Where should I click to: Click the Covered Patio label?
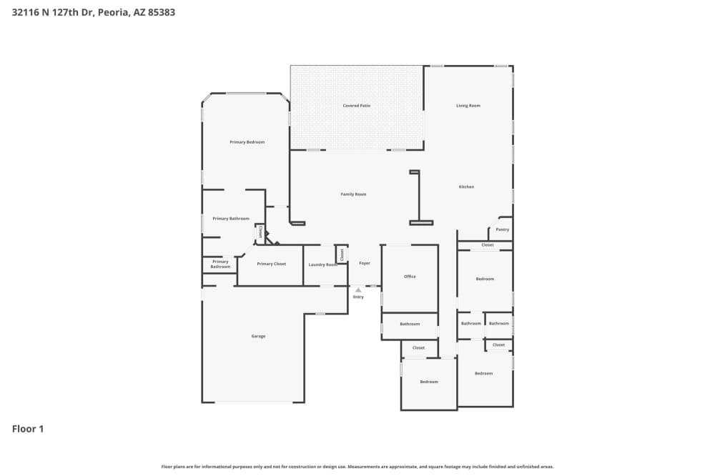[356, 106]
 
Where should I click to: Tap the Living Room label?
[468, 106]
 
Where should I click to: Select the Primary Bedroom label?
[247, 142]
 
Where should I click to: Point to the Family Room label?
[353, 194]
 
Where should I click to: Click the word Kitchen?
[466, 187]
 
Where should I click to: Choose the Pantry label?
[502, 229]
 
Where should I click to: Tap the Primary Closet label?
[271, 264]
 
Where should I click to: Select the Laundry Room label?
[322, 264]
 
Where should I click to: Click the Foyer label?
[365, 263]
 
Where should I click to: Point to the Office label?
[410, 277]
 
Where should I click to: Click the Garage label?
[258, 336]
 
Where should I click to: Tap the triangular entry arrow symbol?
[358, 289]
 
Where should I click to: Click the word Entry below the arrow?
[358, 297]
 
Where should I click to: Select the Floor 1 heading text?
[28, 429]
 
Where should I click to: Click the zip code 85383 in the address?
[161, 12]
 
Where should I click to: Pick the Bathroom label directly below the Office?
[410, 324]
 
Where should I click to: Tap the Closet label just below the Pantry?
[487, 245]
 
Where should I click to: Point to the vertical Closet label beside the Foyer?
[342, 254]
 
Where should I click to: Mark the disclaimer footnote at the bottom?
[357, 467]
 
